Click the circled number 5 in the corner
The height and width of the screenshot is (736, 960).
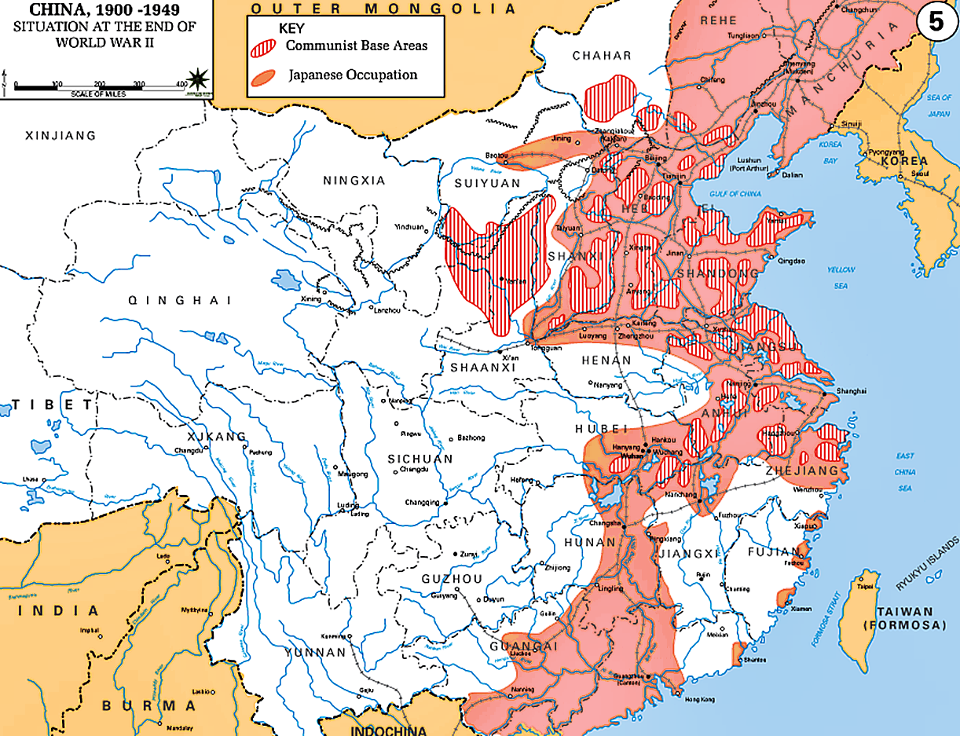tap(936, 21)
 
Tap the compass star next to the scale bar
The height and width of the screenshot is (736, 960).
tap(199, 79)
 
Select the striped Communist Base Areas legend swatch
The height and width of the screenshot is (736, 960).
tap(265, 46)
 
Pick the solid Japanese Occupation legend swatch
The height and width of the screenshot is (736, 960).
tap(265, 76)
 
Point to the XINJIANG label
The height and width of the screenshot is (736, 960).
tap(60, 136)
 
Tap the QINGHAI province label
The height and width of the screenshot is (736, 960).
tap(181, 300)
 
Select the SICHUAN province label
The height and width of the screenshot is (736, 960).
tap(420, 459)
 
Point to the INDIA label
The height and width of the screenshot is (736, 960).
tap(65, 610)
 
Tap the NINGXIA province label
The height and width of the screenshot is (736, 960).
tap(354, 181)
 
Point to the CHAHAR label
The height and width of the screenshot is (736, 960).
tap(602, 55)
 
